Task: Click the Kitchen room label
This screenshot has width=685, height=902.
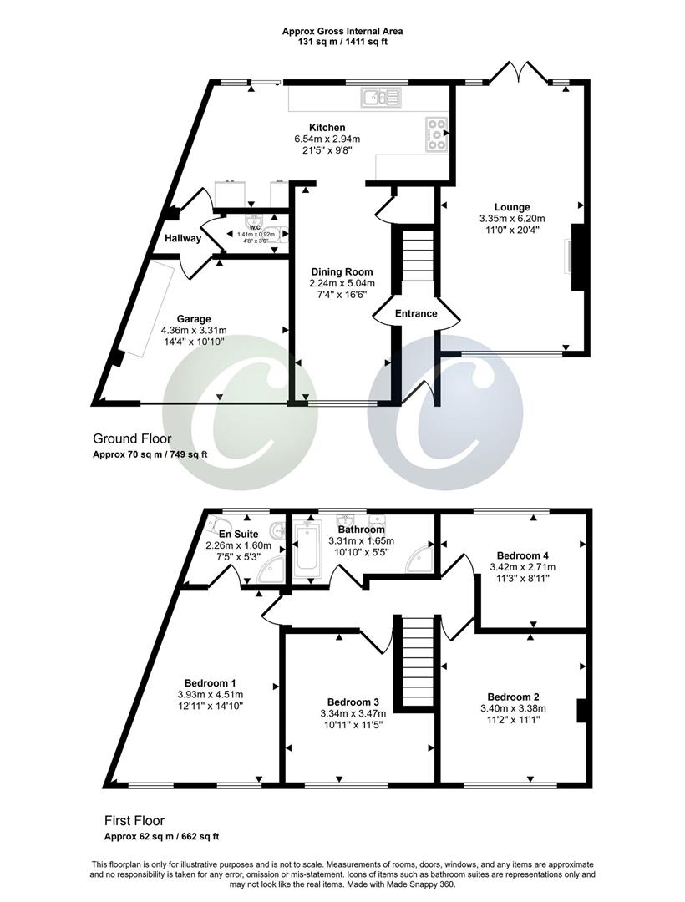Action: point(327,128)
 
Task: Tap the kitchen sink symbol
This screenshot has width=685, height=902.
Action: point(382,99)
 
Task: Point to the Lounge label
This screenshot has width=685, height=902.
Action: point(512,207)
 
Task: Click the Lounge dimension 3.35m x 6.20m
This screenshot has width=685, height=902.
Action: point(512,219)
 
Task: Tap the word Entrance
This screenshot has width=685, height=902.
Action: point(416,313)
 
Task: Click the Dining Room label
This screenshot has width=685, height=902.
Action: point(342,271)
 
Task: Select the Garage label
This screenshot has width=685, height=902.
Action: point(193,318)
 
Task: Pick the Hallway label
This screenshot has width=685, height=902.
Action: point(182,238)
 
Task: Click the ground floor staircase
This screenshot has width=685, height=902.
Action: point(416,259)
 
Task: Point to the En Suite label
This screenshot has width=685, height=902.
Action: point(239,534)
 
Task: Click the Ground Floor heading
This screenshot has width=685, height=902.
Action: point(132,438)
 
